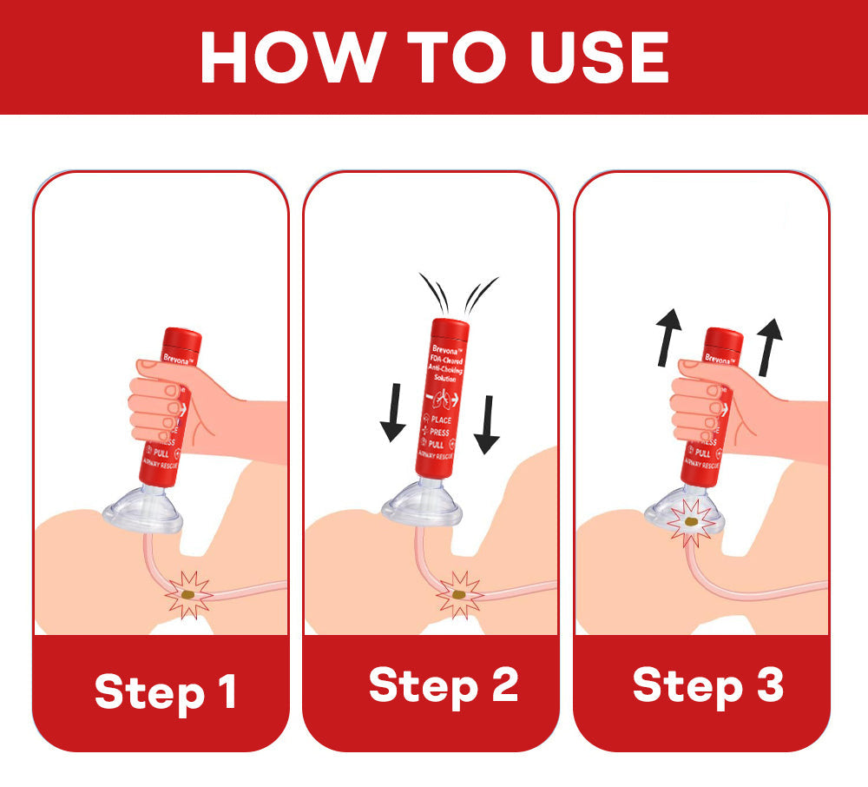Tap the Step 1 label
(165, 692)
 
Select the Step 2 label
(444, 686)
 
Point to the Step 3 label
(708, 685)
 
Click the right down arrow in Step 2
(488, 423)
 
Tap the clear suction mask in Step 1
(142, 513)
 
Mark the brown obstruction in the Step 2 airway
(457, 593)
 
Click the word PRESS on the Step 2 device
(440, 432)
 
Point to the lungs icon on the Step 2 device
(445, 400)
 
